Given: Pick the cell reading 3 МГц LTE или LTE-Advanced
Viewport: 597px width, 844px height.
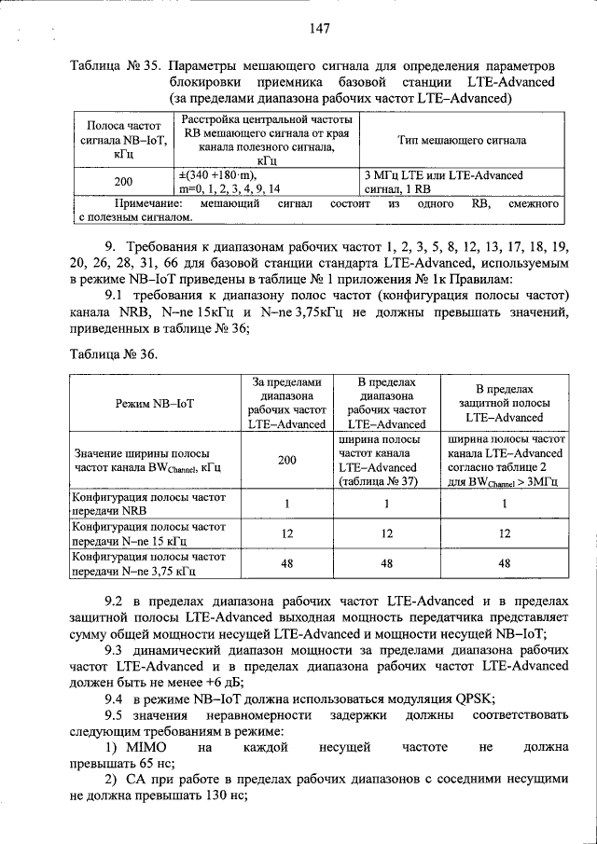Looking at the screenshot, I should (443, 175).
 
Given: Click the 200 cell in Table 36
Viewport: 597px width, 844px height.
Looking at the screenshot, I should (287, 460).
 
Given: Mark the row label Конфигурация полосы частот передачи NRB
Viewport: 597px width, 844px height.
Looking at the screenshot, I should (149, 505).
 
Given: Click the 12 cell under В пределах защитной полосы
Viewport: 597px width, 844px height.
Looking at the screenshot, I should (504, 533).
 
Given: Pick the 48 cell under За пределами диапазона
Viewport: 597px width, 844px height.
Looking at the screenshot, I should (287, 562).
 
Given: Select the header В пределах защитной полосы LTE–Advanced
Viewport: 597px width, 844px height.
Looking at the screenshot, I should (504, 402).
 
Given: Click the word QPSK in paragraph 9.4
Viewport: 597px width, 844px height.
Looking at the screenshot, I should (472, 698).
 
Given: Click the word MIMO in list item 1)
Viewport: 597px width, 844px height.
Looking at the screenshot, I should (144, 748).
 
